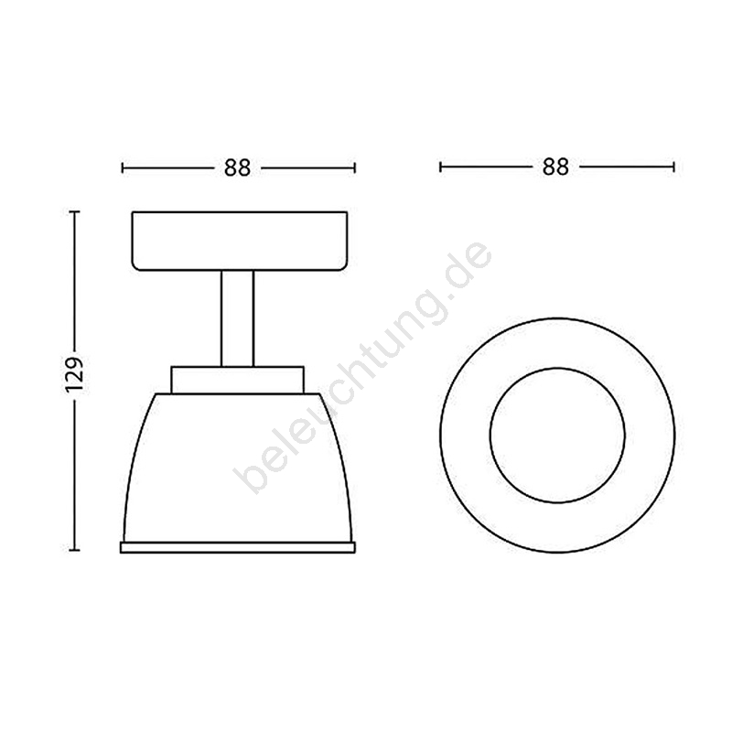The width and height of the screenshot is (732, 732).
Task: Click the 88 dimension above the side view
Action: pyautogui.click(x=238, y=167)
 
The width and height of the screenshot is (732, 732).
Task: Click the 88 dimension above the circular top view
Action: pyautogui.click(x=555, y=167)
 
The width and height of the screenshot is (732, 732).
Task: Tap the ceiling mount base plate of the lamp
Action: pyautogui.click(x=240, y=241)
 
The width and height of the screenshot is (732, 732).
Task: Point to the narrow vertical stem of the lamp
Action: pyautogui.click(x=238, y=318)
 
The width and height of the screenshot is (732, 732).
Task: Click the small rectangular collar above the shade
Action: pyautogui.click(x=238, y=380)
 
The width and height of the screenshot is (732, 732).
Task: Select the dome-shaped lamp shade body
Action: pyautogui.click(x=238, y=468)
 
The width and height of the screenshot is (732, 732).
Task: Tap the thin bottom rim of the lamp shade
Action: pyautogui.click(x=238, y=547)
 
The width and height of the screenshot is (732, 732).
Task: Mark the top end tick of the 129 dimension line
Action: pyautogui.click(x=74, y=212)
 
